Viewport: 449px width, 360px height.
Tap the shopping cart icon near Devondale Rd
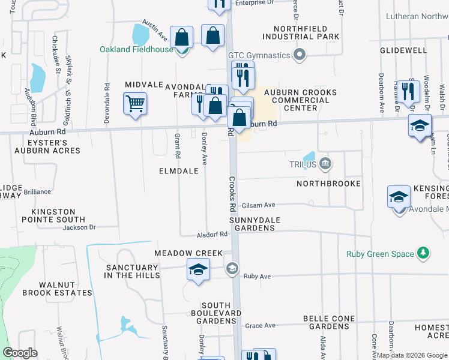pos(135,104)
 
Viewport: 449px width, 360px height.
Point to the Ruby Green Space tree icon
pos(423,253)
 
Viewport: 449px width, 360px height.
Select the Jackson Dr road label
pos(79,227)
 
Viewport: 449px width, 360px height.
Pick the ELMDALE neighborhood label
pos(178,171)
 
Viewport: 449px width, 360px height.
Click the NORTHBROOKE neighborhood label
pos(328,183)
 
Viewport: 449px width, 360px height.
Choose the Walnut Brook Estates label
pos(58,289)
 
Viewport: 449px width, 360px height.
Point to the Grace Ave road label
pos(260,326)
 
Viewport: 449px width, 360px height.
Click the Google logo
pos(20,353)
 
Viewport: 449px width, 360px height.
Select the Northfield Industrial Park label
pos(306,32)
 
